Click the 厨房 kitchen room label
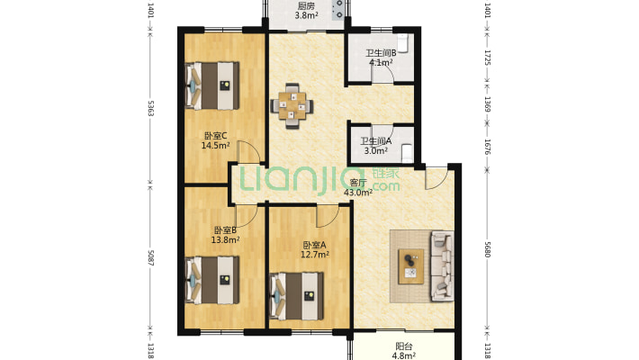[306, 6]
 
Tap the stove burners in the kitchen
[338, 9]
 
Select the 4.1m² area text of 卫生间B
[381, 62]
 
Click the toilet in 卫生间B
[402, 43]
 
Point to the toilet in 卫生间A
[407, 153]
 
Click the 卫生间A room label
[375, 141]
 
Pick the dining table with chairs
[292, 106]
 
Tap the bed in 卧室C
[211, 85]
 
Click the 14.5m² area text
[215, 145]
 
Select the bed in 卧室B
[211, 280]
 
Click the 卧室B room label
[225, 230]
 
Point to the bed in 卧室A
[297, 296]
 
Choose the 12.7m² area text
[315, 255]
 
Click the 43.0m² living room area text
[358, 193]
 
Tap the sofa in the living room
[442, 265]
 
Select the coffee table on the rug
[410, 266]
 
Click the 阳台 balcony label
[403, 346]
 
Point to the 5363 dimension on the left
[150, 108]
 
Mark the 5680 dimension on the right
[487, 248]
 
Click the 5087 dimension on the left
[150, 257]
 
